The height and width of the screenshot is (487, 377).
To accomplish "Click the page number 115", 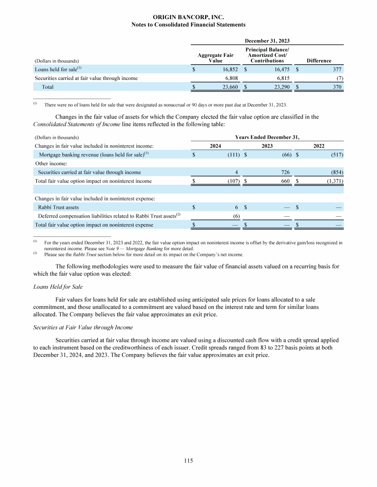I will tap(188, 461).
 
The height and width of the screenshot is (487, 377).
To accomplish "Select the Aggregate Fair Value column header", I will tap(215, 58).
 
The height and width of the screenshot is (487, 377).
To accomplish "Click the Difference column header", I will tap(319, 61).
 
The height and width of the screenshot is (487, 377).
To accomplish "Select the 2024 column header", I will tap(215, 146).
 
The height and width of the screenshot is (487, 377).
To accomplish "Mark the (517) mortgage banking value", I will tap(336, 155).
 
